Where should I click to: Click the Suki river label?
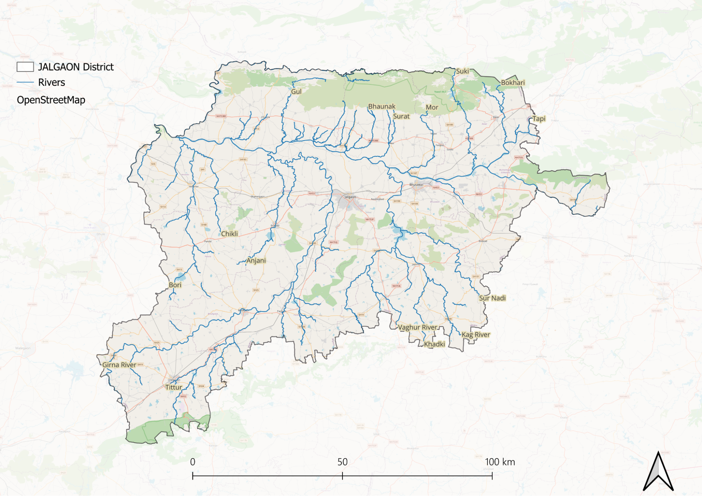[x=462, y=71]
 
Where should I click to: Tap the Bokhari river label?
[x=513, y=83]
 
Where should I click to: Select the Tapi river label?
[x=539, y=119]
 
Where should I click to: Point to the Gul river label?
[x=296, y=92]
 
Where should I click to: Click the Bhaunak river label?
[x=381, y=106]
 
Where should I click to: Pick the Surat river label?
[x=401, y=116]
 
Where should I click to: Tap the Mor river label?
[x=432, y=107]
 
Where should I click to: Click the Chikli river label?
[x=229, y=234]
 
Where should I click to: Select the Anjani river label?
[x=256, y=261]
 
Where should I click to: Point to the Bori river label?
[x=175, y=285]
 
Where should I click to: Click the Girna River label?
[x=119, y=365]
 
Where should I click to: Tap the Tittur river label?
[x=173, y=387]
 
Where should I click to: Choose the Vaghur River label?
[x=417, y=327]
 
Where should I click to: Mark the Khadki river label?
[x=434, y=344]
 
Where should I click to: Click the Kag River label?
[x=475, y=335]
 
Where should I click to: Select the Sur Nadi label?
[x=492, y=298]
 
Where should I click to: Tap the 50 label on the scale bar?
[x=342, y=462]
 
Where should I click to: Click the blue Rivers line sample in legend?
[x=25, y=82]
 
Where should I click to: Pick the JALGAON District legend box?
[x=25, y=67]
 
